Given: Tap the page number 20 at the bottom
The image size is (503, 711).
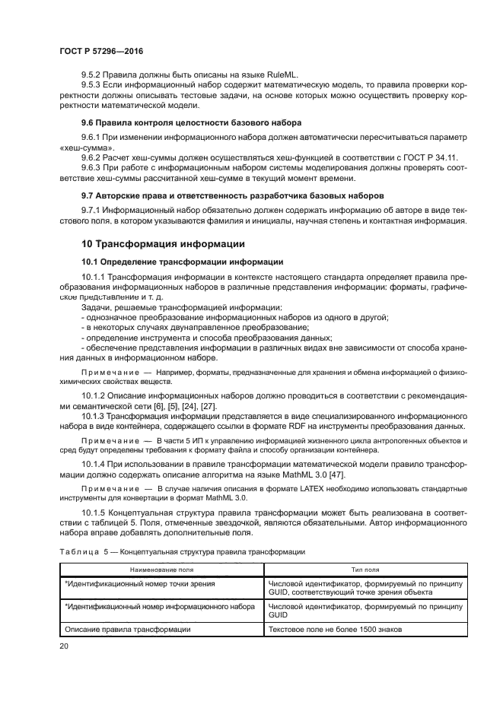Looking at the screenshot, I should (63, 646).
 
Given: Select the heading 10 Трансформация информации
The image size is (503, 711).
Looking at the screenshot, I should (163, 244).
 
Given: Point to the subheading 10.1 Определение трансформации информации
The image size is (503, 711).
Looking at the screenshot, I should (171, 261).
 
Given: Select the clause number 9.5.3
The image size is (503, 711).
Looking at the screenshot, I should (94, 86).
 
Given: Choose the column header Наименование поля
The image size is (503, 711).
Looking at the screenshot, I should (161, 568).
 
